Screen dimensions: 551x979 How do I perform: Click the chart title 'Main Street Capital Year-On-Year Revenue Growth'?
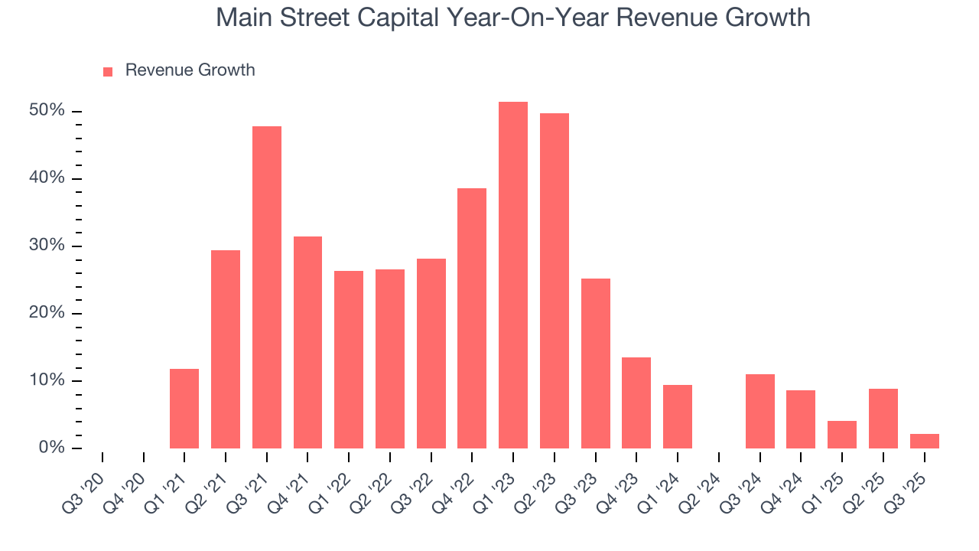(x=512, y=17)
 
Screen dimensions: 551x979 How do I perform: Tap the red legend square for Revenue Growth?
(x=108, y=71)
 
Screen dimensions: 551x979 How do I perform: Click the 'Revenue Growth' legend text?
(x=190, y=70)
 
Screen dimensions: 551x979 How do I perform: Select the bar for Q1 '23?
(x=513, y=275)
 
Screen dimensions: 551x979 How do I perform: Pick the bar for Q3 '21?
(x=267, y=287)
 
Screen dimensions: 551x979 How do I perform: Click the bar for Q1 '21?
(x=184, y=408)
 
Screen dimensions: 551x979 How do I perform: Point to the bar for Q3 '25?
(x=924, y=441)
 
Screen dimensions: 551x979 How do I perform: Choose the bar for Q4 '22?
(x=472, y=318)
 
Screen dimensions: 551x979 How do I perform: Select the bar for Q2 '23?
(x=555, y=280)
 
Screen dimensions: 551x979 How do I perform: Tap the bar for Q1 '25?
(x=842, y=434)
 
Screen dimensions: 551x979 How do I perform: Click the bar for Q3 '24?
(x=760, y=411)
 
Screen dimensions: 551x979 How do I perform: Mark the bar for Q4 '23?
(x=636, y=403)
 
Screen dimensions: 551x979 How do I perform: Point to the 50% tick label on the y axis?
(x=47, y=111)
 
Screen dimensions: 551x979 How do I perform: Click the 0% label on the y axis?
(x=51, y=448)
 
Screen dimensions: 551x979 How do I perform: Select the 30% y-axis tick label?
(x=47, y=246)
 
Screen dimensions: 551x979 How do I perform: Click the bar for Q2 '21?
(x=226, y=349)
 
